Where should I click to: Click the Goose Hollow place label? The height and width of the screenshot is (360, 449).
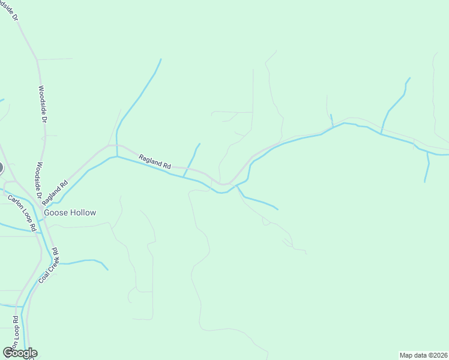[x=69, y=212]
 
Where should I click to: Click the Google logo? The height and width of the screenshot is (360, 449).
[x=20, y=353]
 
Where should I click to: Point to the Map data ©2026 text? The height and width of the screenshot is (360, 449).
[x=423, y=355]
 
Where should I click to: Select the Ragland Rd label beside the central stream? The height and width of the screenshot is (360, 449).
[x=155, y=161]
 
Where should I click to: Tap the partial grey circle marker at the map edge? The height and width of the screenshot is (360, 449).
[x=1, y=168]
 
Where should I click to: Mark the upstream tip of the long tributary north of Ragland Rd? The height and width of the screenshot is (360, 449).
[x=161, y=59]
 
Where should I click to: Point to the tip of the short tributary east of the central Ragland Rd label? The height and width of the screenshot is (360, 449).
[x=199, y=144]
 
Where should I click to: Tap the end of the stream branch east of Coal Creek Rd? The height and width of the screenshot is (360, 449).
[x=108, y=269]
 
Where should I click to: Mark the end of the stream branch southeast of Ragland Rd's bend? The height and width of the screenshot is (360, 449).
[x=277, y=209]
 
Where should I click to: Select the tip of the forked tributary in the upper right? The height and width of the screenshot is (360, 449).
[x=409, y=77]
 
